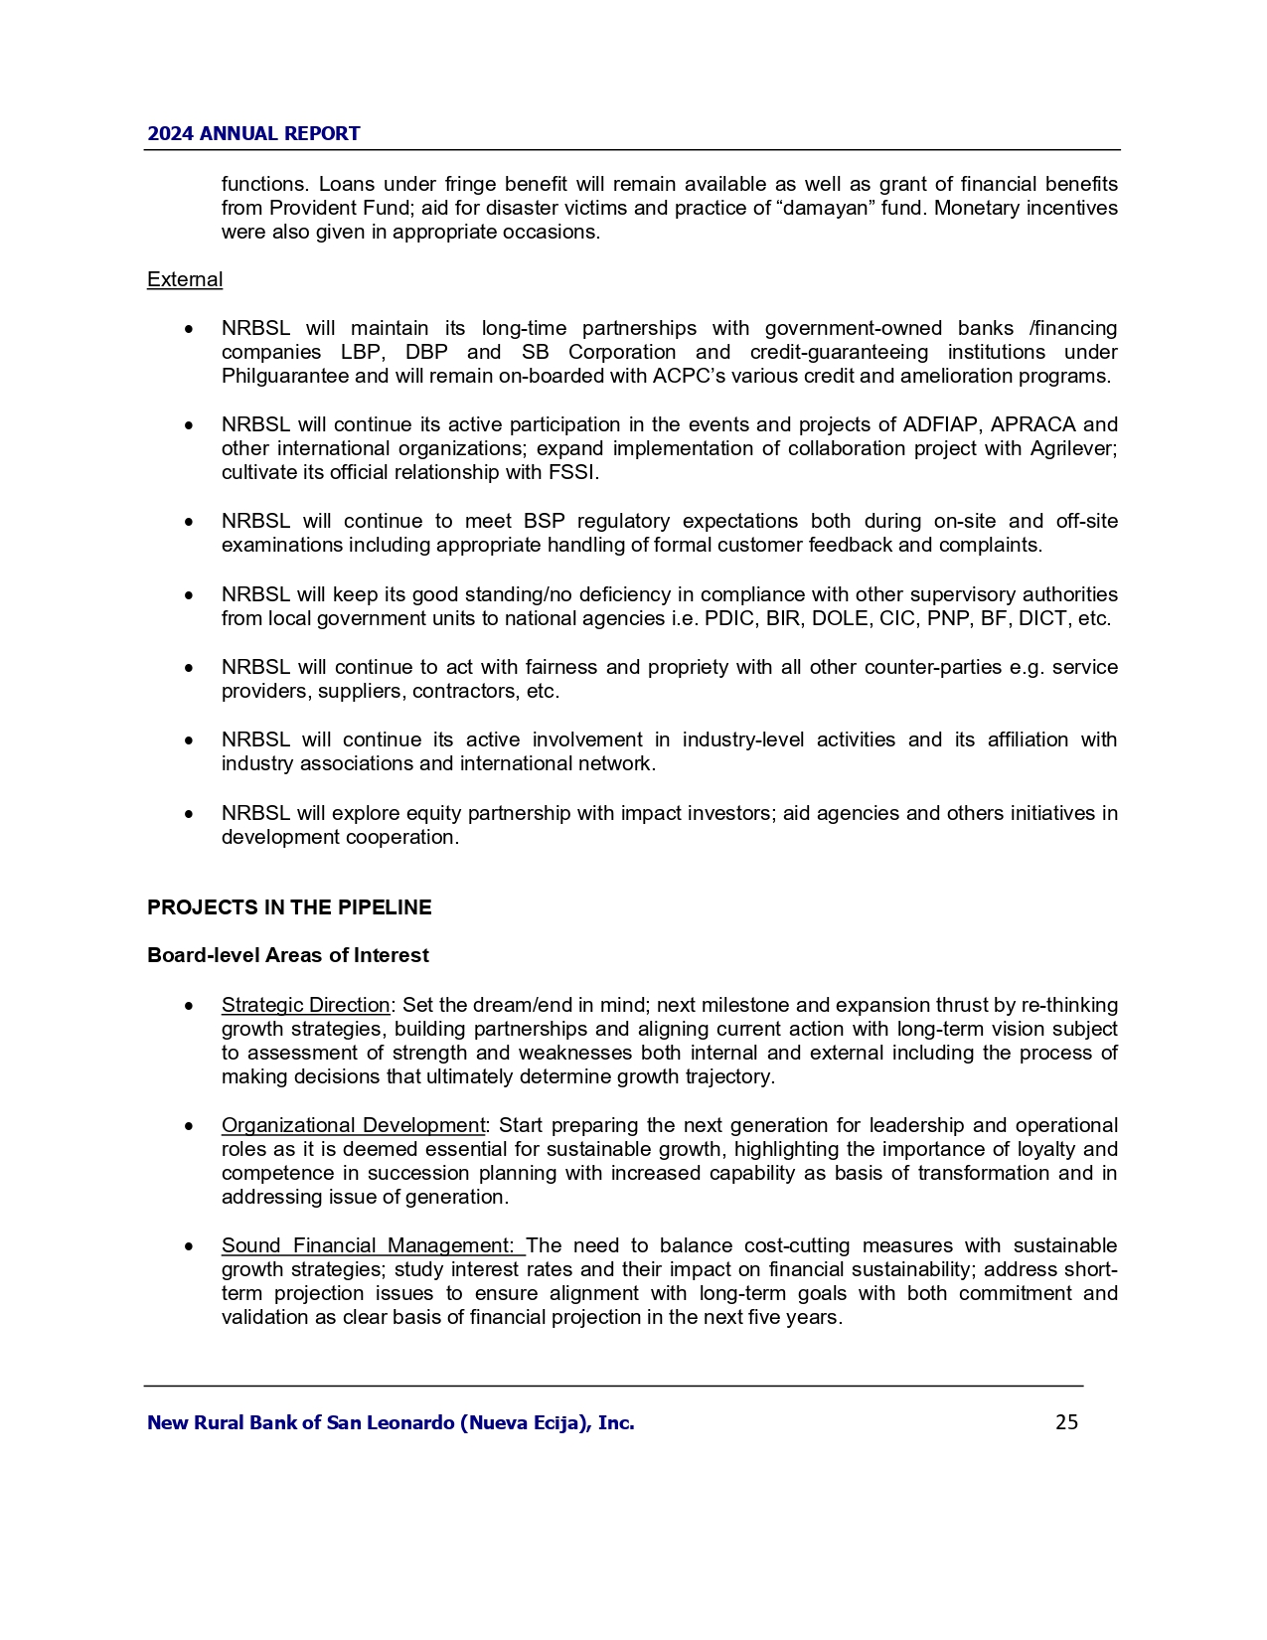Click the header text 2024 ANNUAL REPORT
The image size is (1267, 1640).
pos(253,134)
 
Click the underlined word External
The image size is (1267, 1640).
pos(185,280)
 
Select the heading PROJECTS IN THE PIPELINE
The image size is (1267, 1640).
pos(289,907)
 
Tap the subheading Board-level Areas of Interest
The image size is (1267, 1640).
pos(288,955)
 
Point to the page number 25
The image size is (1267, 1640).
pos(1066,1422)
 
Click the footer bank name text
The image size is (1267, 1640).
pos(391,1423)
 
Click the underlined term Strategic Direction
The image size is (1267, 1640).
pos(305,1005)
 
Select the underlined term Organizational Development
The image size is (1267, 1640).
pos(353,1125)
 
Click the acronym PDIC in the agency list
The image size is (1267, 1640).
pos(728,619)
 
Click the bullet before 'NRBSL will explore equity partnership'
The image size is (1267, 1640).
pos(189,814)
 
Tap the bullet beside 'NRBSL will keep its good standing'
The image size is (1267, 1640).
pos(189,595)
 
